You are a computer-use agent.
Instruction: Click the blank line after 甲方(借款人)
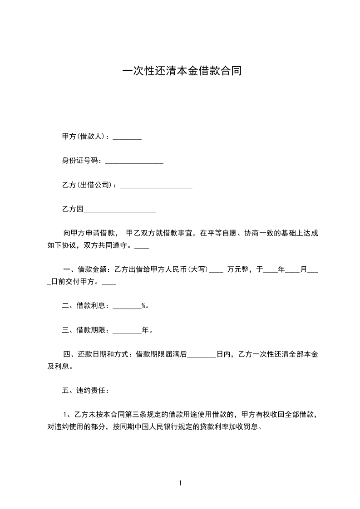click(127, 137)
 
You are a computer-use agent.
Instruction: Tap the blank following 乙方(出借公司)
click(156, 186)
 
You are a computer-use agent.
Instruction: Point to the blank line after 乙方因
click(120, 210)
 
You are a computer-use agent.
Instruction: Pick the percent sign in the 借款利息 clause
click(143, 306)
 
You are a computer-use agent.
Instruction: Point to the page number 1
click(180, 483)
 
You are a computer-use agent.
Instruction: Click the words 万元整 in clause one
click(238, 269)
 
